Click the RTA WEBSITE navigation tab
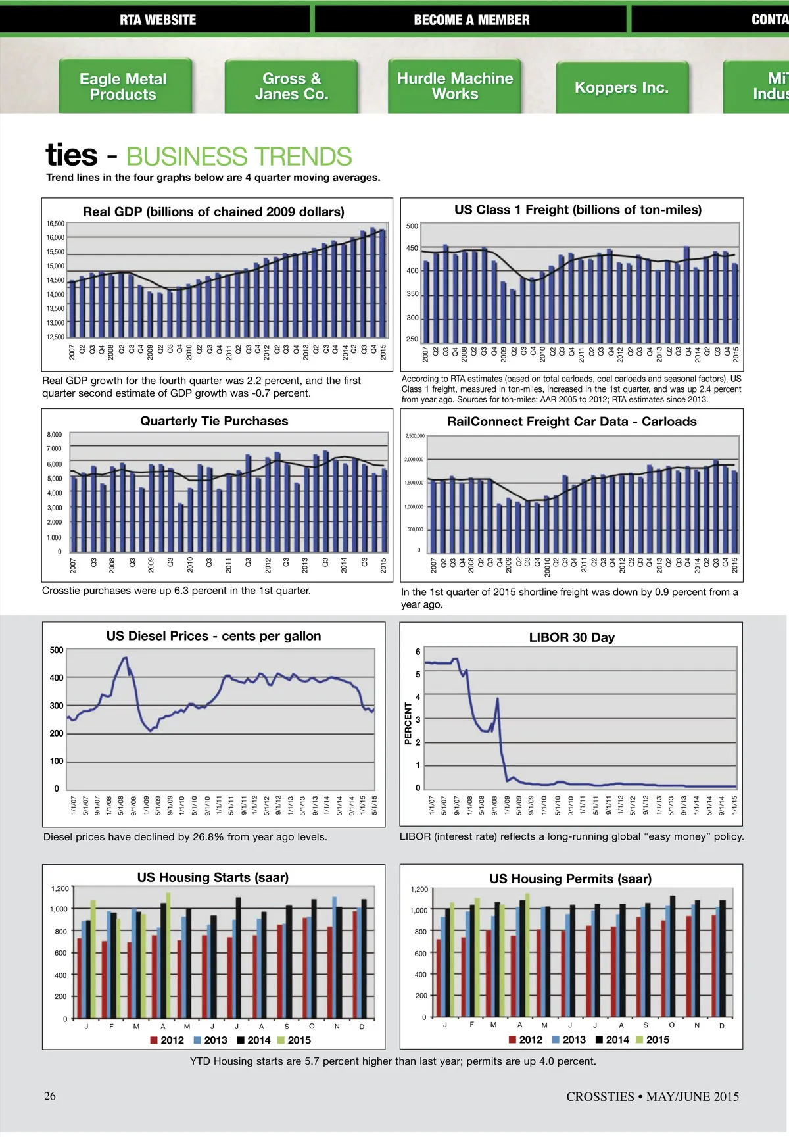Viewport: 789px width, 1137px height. [158, 20]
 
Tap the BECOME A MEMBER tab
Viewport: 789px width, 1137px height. [471, 20]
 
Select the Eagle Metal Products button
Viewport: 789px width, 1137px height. [123, 87]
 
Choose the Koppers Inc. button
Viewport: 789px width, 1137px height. [621, 87]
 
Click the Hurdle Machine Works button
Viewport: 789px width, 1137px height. [455, 86]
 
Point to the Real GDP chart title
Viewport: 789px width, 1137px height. [214, 212]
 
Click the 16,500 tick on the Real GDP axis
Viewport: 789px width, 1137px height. [55, 224]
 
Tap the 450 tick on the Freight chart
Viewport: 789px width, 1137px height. [412, 248]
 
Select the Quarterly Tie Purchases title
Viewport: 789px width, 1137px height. [214, 421]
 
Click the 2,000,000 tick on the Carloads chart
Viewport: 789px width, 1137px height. [414, 459]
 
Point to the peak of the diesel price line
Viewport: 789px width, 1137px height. [125, 658]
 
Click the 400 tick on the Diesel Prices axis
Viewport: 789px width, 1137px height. [57, 677]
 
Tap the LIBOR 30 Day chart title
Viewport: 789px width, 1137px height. [571, 637]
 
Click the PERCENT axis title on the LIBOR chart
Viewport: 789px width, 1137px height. [408, 723]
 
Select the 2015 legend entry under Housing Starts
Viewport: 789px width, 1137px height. [293, 1040]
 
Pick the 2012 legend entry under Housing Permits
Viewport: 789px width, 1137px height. [525, 1039]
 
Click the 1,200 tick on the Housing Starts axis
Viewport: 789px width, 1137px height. [60, 888]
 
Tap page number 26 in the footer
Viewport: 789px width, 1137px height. [50, 1096]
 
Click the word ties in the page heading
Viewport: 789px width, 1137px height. [72, 155]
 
